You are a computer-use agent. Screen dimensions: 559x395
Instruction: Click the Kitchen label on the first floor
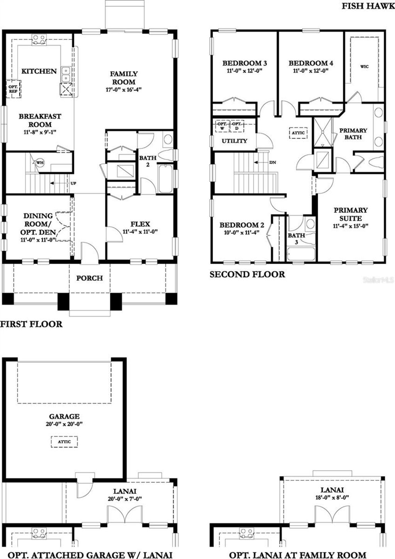point(39,71)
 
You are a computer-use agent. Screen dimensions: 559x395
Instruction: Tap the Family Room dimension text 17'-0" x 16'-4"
point(124,90)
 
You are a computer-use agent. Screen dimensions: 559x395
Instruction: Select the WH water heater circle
point(40,162)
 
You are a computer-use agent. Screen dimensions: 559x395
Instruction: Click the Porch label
point(89,278)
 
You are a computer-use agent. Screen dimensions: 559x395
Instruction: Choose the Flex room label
point(140,224)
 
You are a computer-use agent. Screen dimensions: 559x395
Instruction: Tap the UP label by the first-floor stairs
point(73,183)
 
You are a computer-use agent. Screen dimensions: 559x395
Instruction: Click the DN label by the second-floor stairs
point(273,163)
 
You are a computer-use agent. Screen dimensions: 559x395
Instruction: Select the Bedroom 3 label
point(245,63)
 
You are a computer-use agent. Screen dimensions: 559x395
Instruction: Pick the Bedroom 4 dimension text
point(311,71)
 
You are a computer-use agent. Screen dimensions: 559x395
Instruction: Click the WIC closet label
point(364,66)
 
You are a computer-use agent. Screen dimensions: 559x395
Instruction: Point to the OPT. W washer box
point(222,126)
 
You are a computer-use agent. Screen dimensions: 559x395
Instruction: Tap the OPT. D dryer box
point(236,126)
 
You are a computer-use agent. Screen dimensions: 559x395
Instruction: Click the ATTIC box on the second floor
point(298,133)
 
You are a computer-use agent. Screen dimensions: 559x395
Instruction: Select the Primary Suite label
point(350,214)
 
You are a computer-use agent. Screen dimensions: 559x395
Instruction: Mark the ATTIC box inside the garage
point(64,442)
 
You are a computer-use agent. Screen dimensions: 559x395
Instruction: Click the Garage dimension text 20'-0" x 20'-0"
point(64,424)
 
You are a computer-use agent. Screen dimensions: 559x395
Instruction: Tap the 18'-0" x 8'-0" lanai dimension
point(332,498)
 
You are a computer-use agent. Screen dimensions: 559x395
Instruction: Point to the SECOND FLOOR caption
point(247,275)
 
